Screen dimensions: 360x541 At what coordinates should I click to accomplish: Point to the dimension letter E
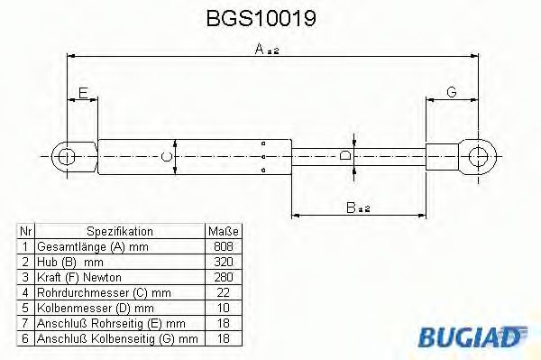click(x=83, y=93)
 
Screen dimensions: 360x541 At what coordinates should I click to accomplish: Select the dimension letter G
click(x=451, y=93)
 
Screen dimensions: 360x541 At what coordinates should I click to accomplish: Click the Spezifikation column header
click(x=119, y=231)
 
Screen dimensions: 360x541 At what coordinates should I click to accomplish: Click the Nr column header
click(x=26, y=231)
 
